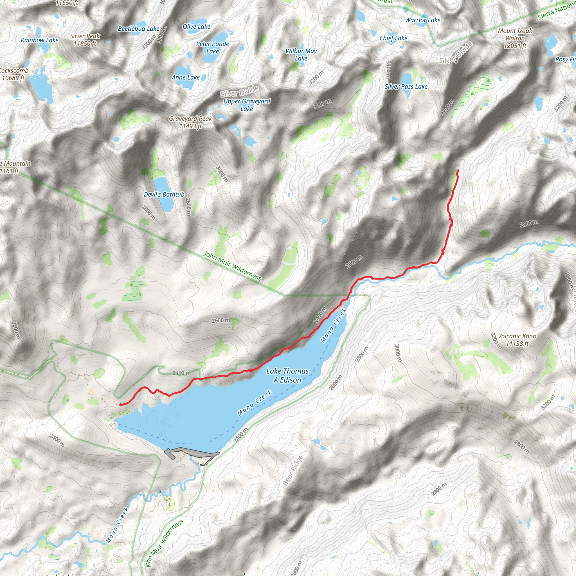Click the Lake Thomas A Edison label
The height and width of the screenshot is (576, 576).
click(x=287, y=375)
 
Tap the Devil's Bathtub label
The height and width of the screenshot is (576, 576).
click(x=164, y=194)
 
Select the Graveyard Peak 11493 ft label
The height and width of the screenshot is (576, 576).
click(x=190, y=122)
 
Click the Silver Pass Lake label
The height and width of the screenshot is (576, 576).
click(x=406, y=86)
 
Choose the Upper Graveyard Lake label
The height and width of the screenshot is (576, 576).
click(x=247, y=105)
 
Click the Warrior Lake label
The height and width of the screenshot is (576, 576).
click(x=422, y=20)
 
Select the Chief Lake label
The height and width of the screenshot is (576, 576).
click(x=393, y=38)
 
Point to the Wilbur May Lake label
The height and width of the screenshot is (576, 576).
click(x=301, y=55)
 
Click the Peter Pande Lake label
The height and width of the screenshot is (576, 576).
click(x=213, y=48)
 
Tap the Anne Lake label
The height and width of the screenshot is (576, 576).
click(x=185, y=77)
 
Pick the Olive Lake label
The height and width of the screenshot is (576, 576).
click(x=196, y=26)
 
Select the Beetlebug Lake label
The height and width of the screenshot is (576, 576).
click(x=139, y=29)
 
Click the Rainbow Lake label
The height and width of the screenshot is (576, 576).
click(x=40, y=40)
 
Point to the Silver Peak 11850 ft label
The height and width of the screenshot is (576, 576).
click(x=85, y=40)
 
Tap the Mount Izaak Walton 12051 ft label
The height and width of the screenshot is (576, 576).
click(x=515, y=38)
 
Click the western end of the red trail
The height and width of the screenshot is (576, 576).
click(x=120, y=404)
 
